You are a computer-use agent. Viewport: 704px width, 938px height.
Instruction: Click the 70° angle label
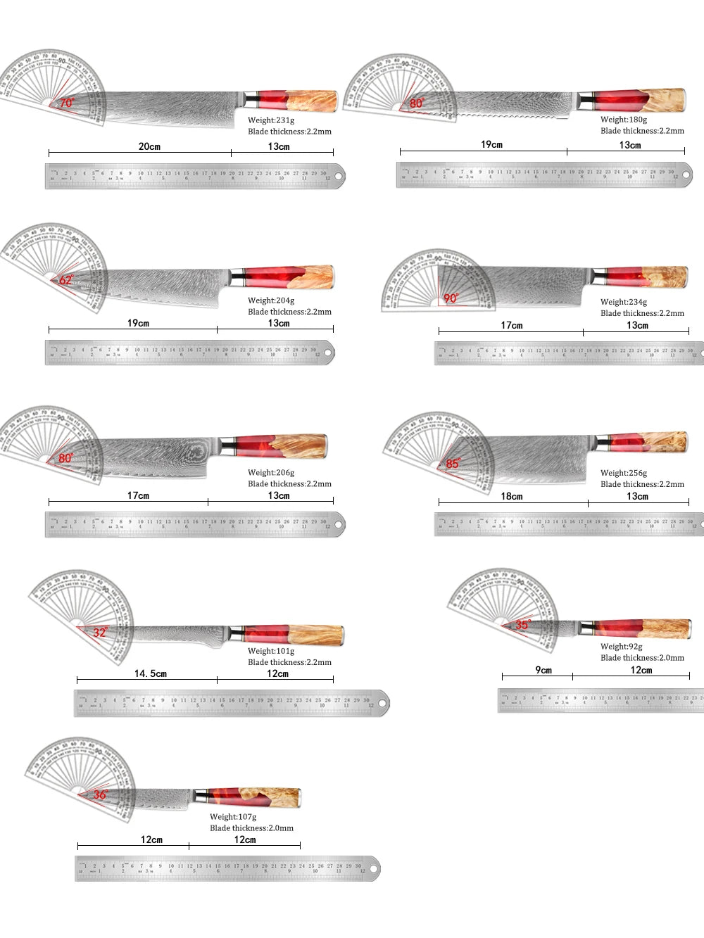pyautogui.click(x=66, y=103)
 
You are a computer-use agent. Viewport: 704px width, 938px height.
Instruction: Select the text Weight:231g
pyautogui.click(x=271, y=120)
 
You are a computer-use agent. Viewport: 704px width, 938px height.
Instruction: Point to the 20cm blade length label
pyautogui.click(x=149, y=146)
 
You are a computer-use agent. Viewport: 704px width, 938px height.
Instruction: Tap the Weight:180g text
pyautogui.click(x=624, y=120)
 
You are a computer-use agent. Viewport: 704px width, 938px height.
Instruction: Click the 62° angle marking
pyautogui.click(x=66, y=279)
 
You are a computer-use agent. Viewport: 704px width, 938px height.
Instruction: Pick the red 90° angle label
pyautogui.click(x=451, y=298)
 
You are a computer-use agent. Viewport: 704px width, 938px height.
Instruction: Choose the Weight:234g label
pyautogui.click(x=624, y=302)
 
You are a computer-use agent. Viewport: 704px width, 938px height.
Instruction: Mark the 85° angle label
pyautogui.click(x=453, y=464)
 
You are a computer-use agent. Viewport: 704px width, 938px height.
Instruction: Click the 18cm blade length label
pyautogui.click(x=512, y=496)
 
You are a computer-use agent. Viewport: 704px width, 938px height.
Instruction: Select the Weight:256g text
pyautogui.click(x=624, y=473)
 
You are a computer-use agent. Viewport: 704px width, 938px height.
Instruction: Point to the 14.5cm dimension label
pyautogui.click(x=151, y=673)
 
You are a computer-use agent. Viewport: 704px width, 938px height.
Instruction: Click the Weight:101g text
pyautogui.click(x=271, y=651)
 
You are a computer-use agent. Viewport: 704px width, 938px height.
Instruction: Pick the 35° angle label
pyautogui.click(x=522, y=625)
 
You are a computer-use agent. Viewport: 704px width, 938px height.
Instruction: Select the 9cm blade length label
pyautogui.click(x=543, y=670)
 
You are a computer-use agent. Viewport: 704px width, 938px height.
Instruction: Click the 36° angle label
pyautogui.click(x=101, y=794)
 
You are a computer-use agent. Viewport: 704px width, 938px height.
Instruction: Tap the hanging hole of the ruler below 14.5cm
pyautogui.click(x=381, y=702)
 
